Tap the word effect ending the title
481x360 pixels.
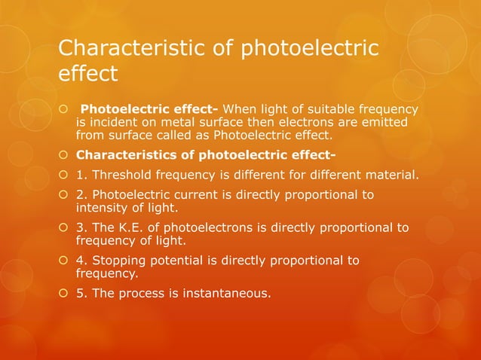88,75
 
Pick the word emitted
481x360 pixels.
378,123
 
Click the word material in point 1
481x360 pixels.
393,175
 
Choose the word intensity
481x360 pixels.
101,208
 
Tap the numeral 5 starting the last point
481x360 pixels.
80,293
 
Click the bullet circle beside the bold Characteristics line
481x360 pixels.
64,157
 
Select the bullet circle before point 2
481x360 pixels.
64,195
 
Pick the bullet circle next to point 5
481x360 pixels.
64,293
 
